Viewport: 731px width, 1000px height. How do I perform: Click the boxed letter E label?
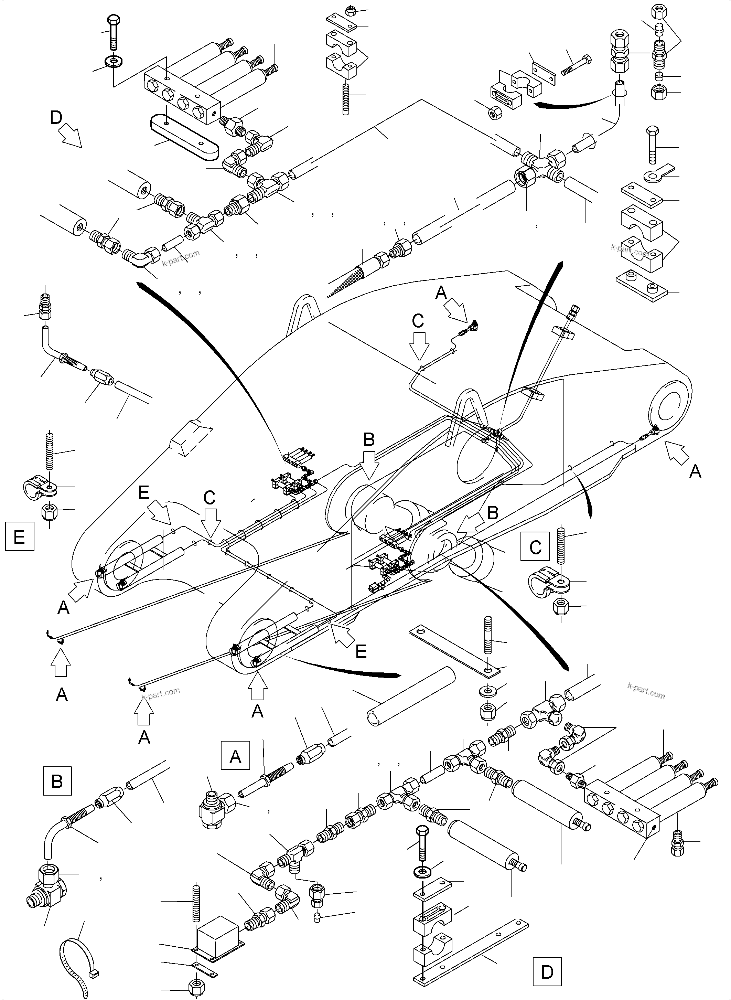click(20, 536)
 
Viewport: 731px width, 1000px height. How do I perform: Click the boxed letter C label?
click(535, 547)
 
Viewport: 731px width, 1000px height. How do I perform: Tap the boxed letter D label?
click(547, 972)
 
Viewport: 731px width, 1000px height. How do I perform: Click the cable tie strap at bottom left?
click(77, 961)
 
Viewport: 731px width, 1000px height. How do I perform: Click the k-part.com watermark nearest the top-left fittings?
click(181, 258)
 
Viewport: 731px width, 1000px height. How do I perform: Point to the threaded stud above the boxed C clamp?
click(561, 545)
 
